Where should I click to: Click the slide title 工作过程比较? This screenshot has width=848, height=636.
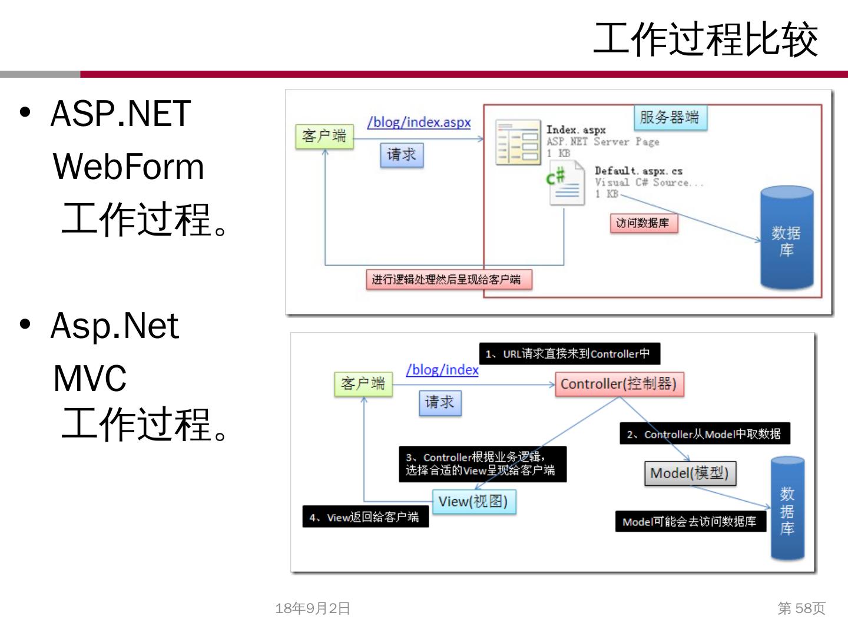[x=705, y=39]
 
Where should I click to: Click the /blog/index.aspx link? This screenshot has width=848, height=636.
[x=419, y=122]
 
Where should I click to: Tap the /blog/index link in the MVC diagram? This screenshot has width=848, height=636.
[x=442, y=370]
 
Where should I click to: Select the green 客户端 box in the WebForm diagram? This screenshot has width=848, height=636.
[x=324, y=136]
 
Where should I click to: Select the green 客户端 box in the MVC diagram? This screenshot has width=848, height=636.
[x=363, y=384]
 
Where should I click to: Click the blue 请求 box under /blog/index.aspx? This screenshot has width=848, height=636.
[x=402, y=155]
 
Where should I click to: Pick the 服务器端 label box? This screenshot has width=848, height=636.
[x=670, y=117]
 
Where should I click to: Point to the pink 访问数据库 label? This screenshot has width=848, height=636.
[x=642, y=223]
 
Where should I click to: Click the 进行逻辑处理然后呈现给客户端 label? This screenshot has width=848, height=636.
[x=448, y=279]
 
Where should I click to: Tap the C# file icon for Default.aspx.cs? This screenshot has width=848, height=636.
[x=565, y=183]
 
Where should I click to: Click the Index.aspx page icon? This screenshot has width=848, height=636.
[x=518, y=142]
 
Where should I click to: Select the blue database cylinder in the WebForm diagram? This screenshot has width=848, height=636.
[x=787, y=238]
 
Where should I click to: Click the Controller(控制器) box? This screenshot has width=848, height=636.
[x=619, y=384]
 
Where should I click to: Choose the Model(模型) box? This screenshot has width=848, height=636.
[x=690, y=473]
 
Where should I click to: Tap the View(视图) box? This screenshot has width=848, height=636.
[x=474, y=502]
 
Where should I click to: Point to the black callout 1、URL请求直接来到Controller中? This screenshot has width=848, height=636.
[x=569, y=354]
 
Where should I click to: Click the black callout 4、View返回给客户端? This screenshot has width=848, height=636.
[x=365, y=517]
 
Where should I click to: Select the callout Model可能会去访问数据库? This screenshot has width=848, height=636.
[x=690, y=522]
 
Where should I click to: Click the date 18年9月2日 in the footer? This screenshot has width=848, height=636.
[x=313, y=608]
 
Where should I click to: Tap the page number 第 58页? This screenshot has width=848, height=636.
[x=801, y=608]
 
